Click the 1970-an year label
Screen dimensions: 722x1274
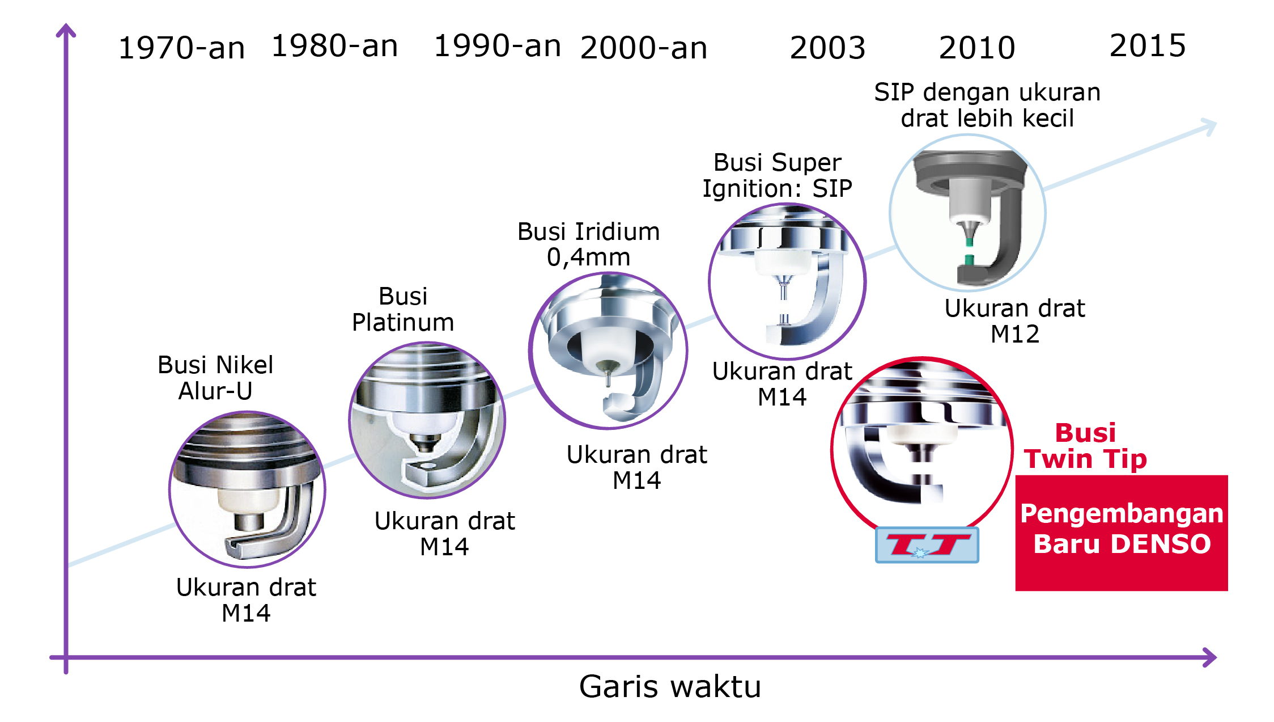tap(181, 48)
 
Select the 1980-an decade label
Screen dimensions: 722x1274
tap(334, 46)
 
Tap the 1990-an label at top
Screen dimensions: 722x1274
tap(497, 46)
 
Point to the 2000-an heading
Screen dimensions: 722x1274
tap(643, 48)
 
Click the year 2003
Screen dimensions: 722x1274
tap(827, 48)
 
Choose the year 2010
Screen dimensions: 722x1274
tap(976, 48)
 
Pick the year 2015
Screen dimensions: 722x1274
tap(1147, 45)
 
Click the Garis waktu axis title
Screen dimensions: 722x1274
tap(670, 687)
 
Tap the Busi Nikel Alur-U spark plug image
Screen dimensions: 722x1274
tap(247, 489)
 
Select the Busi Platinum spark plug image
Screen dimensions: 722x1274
tap(427, 420)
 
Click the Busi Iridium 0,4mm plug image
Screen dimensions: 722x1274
tap(608, 351)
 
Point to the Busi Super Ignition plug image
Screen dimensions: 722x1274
tap(787, 281)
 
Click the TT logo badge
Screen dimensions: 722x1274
tap(927, 545)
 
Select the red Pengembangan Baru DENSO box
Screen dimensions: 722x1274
tap(1121, 533)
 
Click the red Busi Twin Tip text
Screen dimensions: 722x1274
tap(1085, 446)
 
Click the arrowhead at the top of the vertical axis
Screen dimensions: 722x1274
tap(66, 29)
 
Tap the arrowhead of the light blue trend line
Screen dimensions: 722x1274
tap(1209, 125)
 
